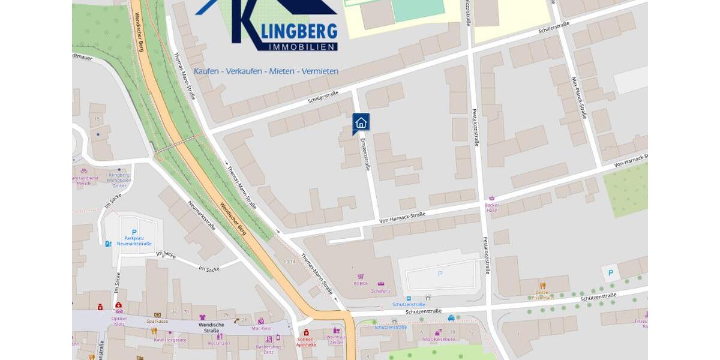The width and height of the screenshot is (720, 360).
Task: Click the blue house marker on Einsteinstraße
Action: click(x=361, y=122)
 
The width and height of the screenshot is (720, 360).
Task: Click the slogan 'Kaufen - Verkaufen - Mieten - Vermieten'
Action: click(x=266, y=71)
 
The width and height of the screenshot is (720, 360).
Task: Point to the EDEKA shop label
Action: click(x=361, y=284)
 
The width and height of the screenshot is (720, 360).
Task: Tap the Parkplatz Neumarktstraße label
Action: click(x=134, y=240)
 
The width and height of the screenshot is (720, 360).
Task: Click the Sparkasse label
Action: click(x=157, y=321)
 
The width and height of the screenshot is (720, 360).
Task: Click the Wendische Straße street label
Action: click(x=208, y=327)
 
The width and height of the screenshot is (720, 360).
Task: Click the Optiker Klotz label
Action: click(x=119, y=320)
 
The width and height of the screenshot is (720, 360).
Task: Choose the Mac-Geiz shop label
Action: click(x=261, y=328)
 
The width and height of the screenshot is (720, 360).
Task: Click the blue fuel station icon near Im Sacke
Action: click(x=108, y=244)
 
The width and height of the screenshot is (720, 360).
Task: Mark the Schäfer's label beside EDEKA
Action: click(x=380, y=291)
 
